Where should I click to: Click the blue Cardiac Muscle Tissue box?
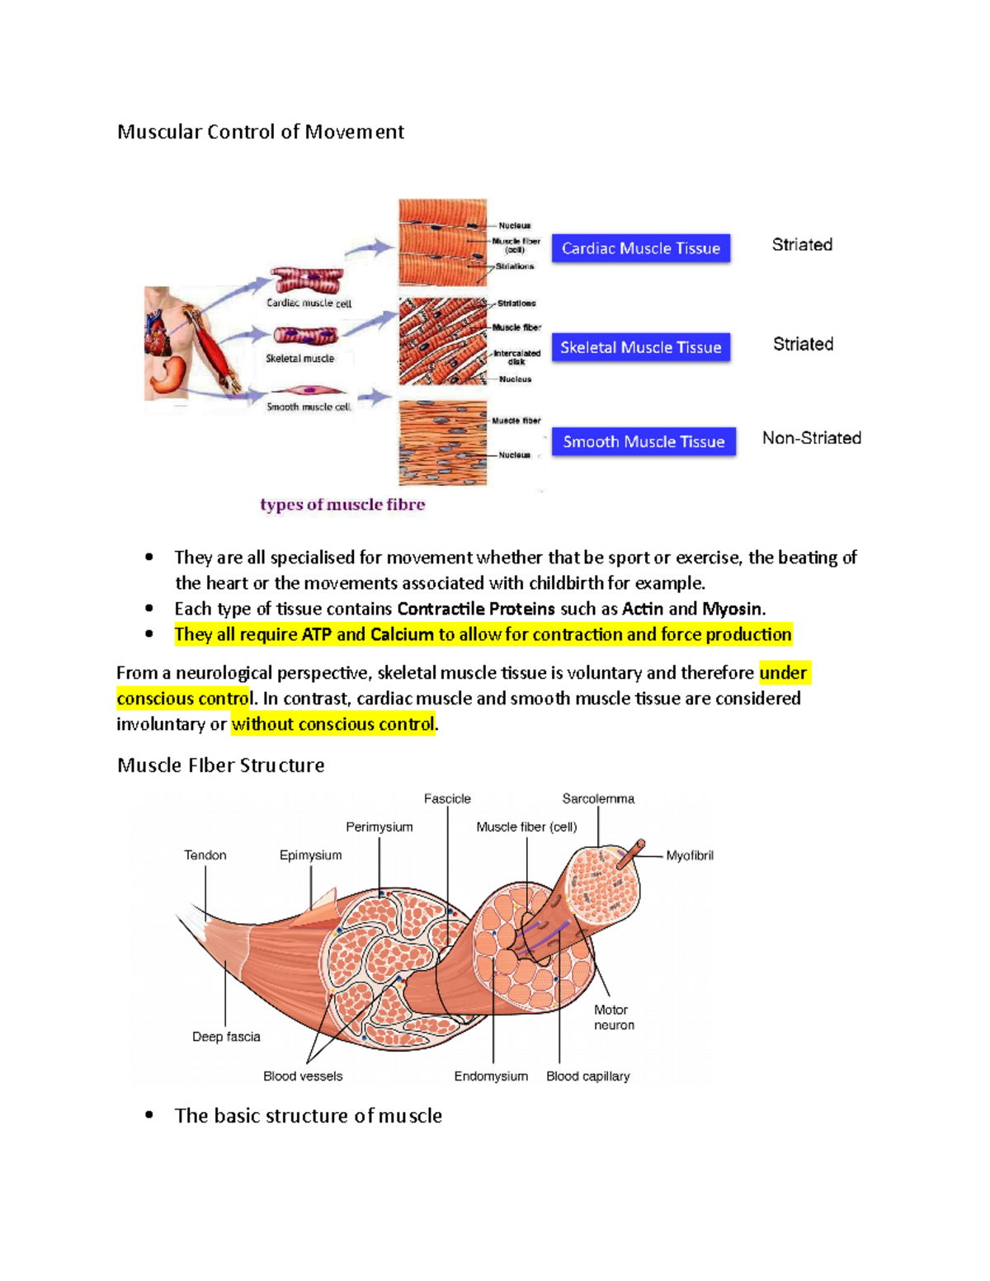641,248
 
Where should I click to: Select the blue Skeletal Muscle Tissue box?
641,347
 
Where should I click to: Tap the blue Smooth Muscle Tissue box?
643,441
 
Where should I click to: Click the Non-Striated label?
811,438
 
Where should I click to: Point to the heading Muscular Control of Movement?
261,132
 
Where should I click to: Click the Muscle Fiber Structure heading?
221,765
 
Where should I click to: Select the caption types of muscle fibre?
342,505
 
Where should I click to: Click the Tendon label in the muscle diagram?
205,855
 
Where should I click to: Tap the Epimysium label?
310,855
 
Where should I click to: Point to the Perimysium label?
379,827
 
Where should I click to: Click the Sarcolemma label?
598,798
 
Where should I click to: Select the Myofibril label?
690,855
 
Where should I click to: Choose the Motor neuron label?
614,1017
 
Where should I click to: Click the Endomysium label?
491,1076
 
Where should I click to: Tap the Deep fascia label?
226,1037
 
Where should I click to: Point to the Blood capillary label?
587,1076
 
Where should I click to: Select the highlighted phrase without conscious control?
333,724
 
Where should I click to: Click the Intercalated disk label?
517,357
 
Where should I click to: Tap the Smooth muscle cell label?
309,407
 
